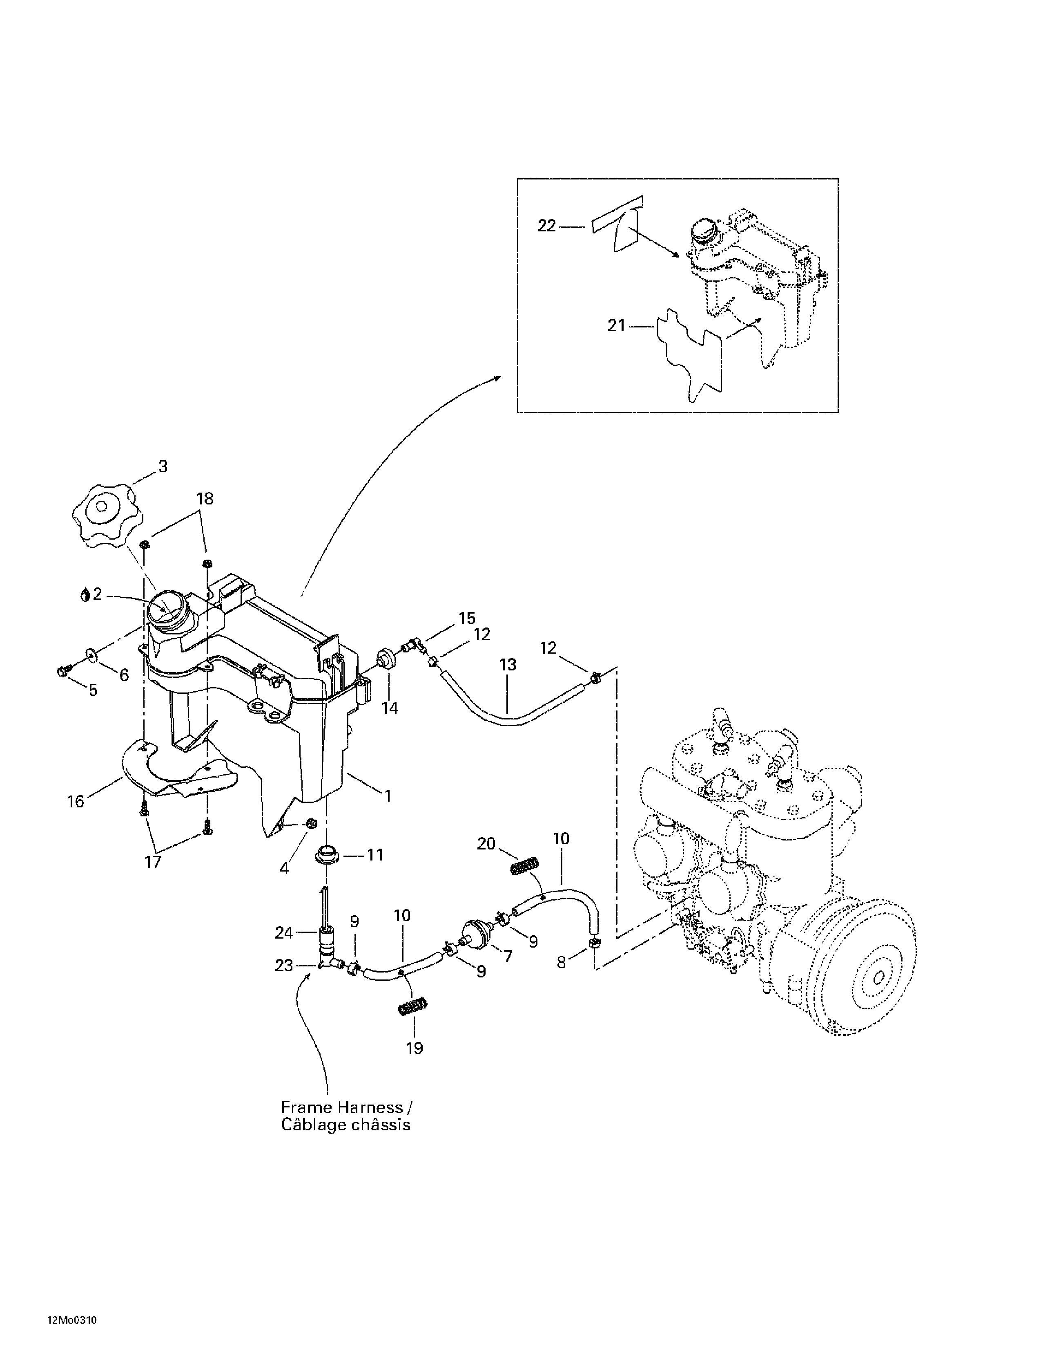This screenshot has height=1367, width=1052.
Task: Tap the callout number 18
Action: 205,499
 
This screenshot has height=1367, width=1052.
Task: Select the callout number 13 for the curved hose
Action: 508,665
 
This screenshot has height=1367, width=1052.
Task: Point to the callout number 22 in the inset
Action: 547,225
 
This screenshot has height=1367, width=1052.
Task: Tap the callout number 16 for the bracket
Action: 76,802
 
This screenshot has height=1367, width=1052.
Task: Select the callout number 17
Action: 153,862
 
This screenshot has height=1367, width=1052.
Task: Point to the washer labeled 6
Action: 92,655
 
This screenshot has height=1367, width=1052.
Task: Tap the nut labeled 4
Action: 310,821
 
